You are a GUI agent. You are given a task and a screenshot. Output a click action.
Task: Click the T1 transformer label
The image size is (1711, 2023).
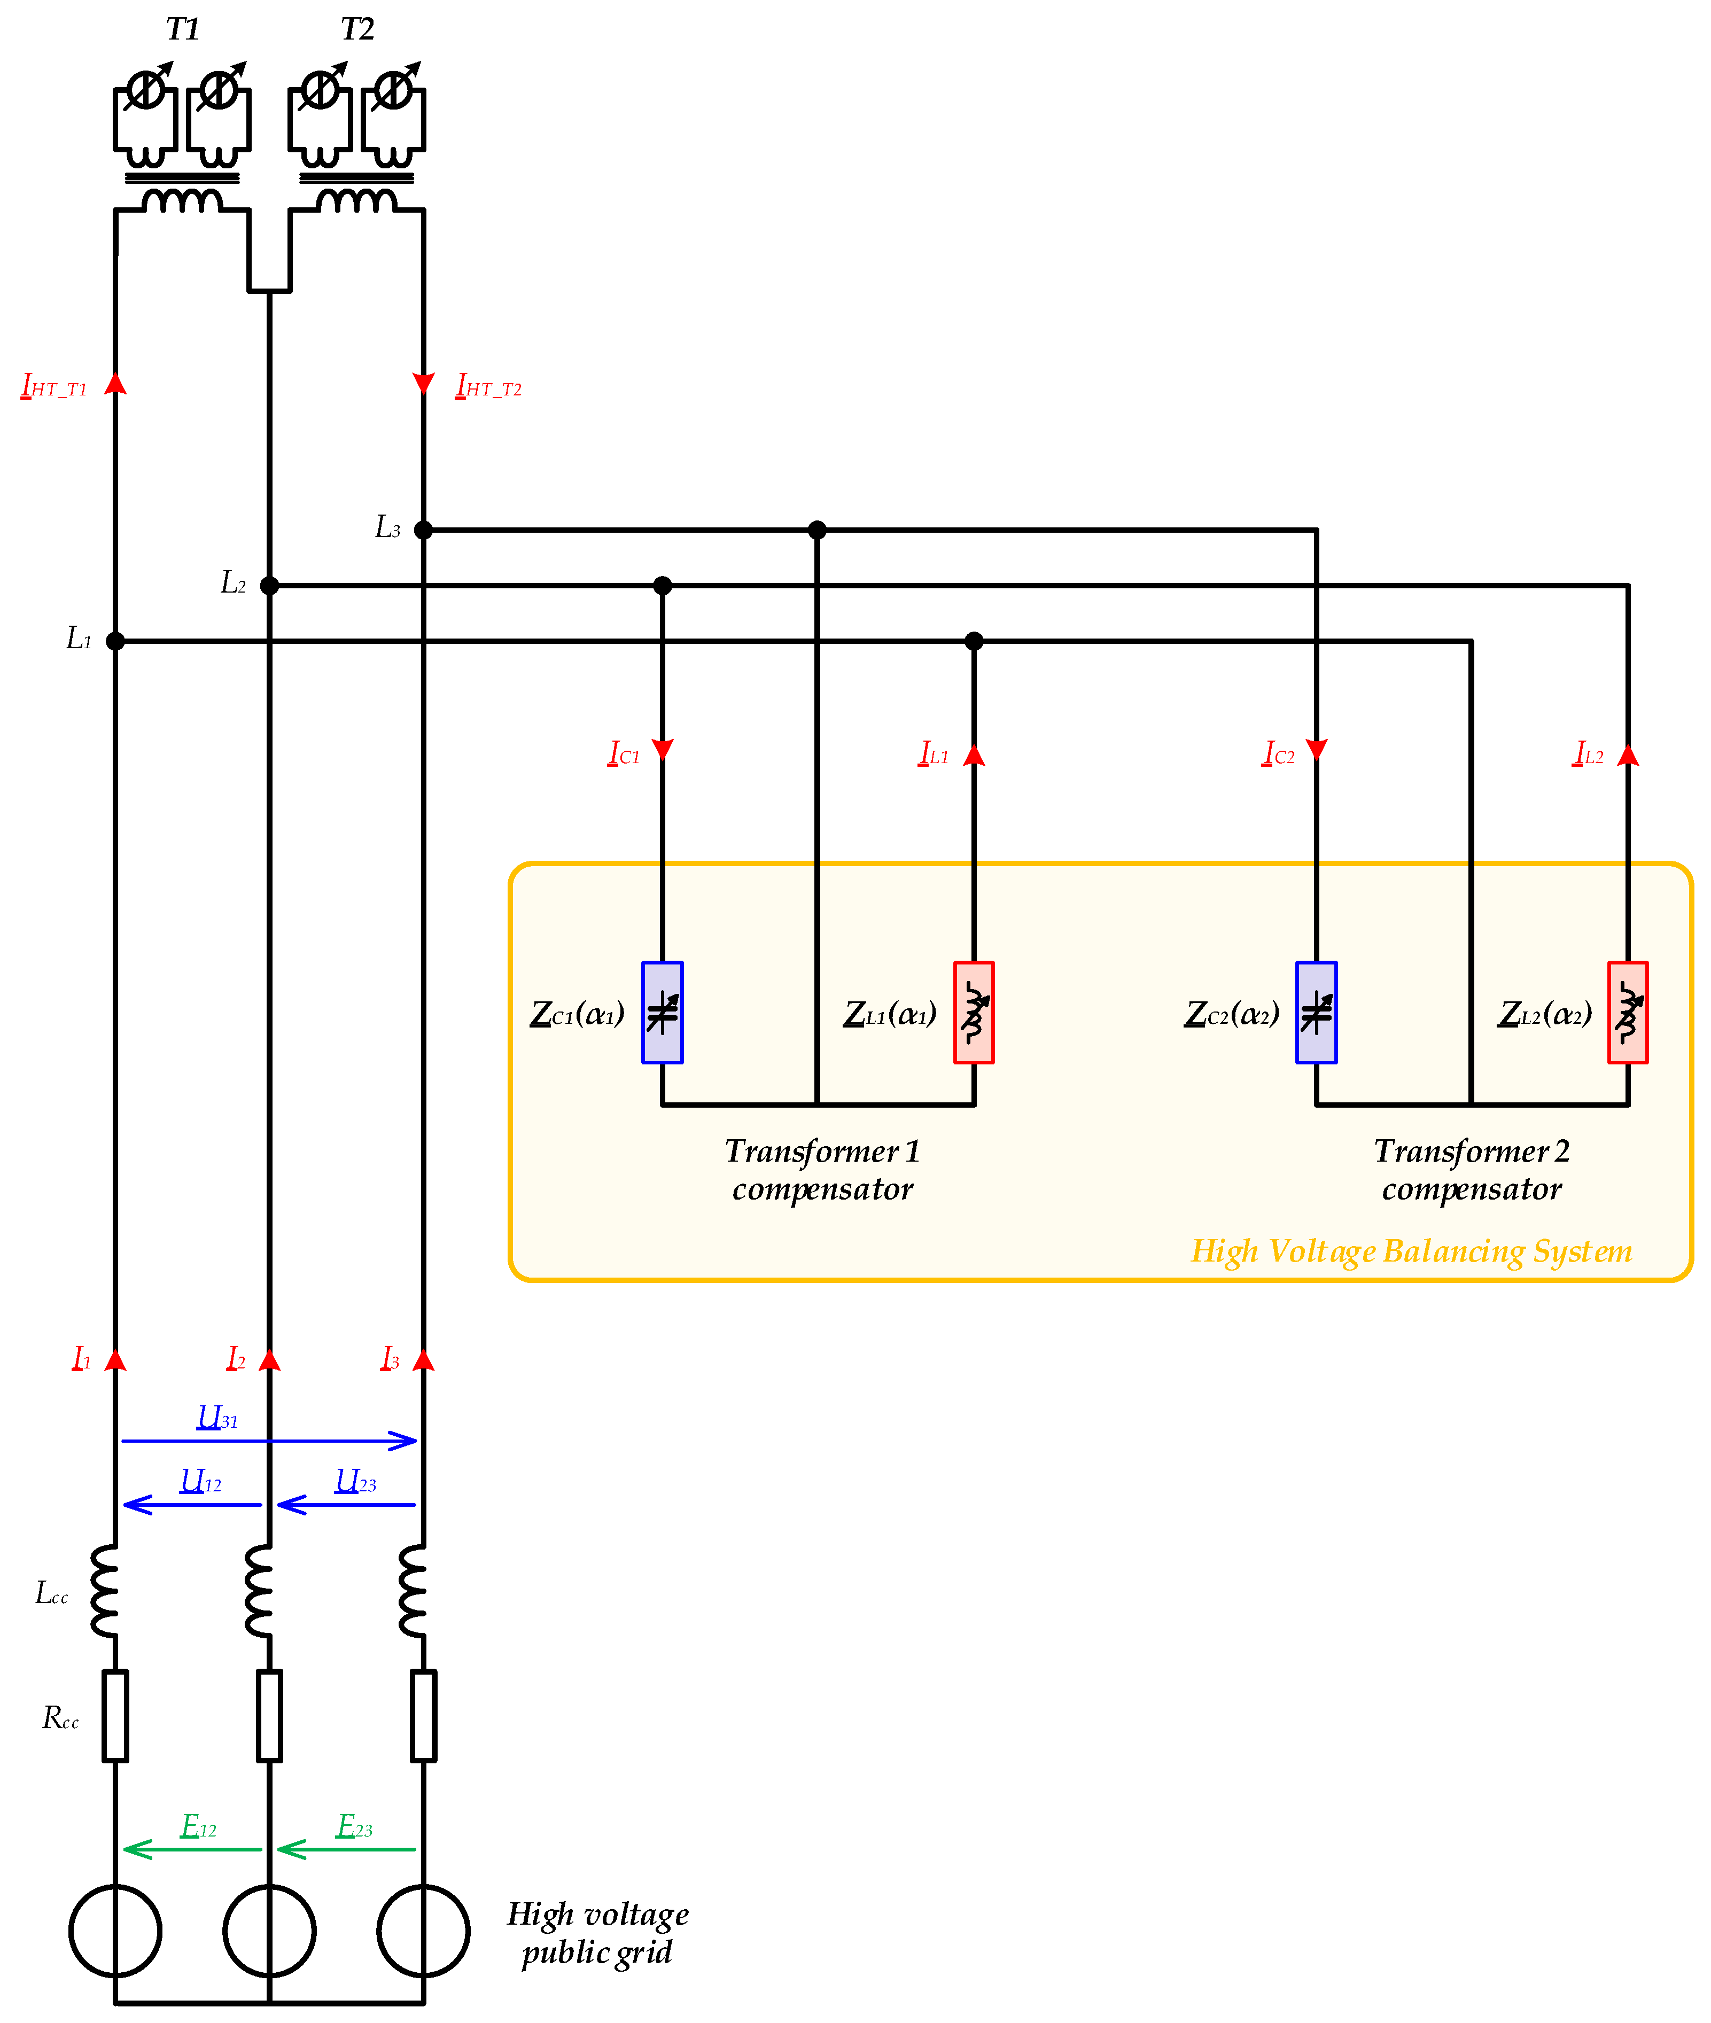point(182,30)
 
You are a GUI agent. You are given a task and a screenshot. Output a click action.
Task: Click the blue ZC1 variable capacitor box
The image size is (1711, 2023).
point(663,1013)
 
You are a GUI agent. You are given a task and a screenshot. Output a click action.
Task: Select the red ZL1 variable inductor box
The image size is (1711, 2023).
point(974,1013)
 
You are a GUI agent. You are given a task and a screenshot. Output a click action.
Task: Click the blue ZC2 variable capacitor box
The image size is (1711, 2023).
point(1316,1013)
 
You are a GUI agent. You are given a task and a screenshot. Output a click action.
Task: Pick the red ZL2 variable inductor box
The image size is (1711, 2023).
point(1628,1013)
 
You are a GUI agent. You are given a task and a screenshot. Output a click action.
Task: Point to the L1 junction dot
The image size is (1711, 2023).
point(115,641)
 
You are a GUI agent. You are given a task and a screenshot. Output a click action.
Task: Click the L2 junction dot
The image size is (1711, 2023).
point(270,586)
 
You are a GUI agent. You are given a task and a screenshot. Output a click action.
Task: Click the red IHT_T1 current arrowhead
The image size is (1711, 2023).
point(115,384)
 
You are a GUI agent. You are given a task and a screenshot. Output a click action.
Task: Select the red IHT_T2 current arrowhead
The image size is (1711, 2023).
point(424,384)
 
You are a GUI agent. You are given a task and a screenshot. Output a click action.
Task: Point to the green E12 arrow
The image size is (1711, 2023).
point(192,1849)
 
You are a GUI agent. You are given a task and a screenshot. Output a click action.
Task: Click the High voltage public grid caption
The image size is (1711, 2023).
point(597,1933)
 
